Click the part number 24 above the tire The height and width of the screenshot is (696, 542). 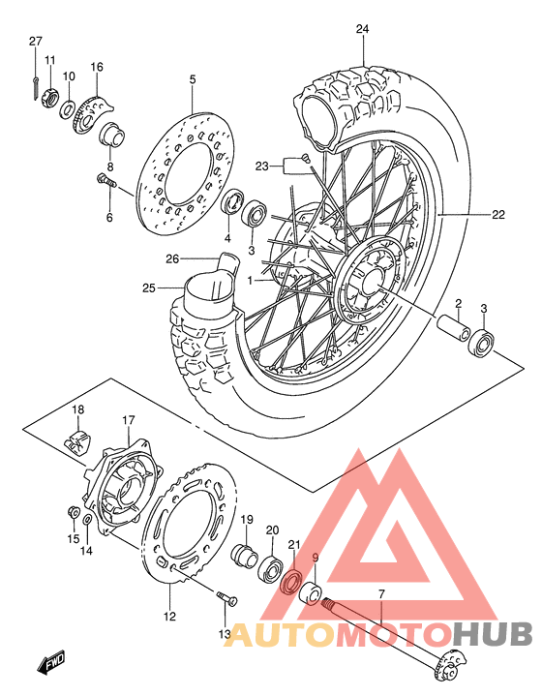[x=362, y=30]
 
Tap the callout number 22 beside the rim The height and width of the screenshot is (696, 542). [x=497, y=215]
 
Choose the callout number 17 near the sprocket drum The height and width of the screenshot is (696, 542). [x=128, y=420]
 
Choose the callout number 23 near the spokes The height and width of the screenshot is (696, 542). [x=260, y=166]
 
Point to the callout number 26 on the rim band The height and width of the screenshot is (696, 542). [x=172, y=258]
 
